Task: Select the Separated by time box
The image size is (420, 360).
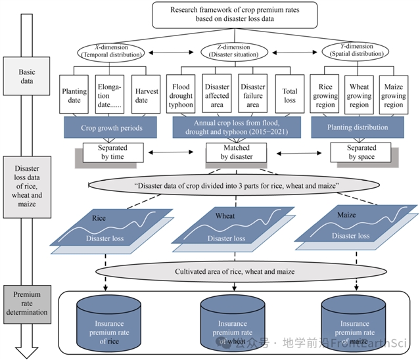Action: click(108, 152)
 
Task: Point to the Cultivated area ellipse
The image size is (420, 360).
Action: click(235, 272)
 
